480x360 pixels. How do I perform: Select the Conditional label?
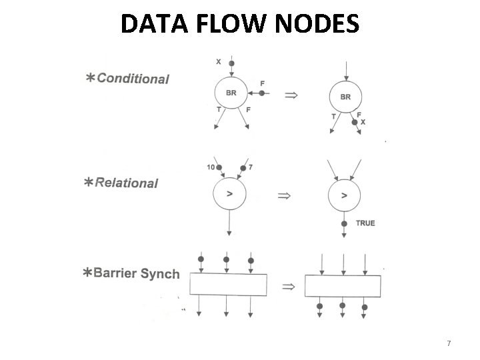(133, 79)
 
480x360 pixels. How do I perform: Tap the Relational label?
(127, 183)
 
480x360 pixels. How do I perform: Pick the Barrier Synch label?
(137, 273)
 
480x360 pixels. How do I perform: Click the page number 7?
(449, 343)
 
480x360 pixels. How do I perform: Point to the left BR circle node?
(231, 93)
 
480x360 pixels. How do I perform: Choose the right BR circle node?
(345, 97)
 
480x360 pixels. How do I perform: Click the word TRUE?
(365, 223)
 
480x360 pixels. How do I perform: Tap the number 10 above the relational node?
(211, 167)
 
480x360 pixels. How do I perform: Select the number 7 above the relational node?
(251, 167)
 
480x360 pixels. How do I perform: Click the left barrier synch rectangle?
(228, 285)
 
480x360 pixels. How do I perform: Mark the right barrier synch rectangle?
(343, 286)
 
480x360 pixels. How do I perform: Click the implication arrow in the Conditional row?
(291, 95)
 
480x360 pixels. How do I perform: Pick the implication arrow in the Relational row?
(285, 196)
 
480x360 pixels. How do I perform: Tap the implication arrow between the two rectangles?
(288, 287)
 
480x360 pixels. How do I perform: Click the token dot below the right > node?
(344, 223)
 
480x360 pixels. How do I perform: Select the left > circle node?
(229, 194)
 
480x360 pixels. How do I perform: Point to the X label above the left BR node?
(219, 62)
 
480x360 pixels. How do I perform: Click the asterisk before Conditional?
(89, 79)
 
